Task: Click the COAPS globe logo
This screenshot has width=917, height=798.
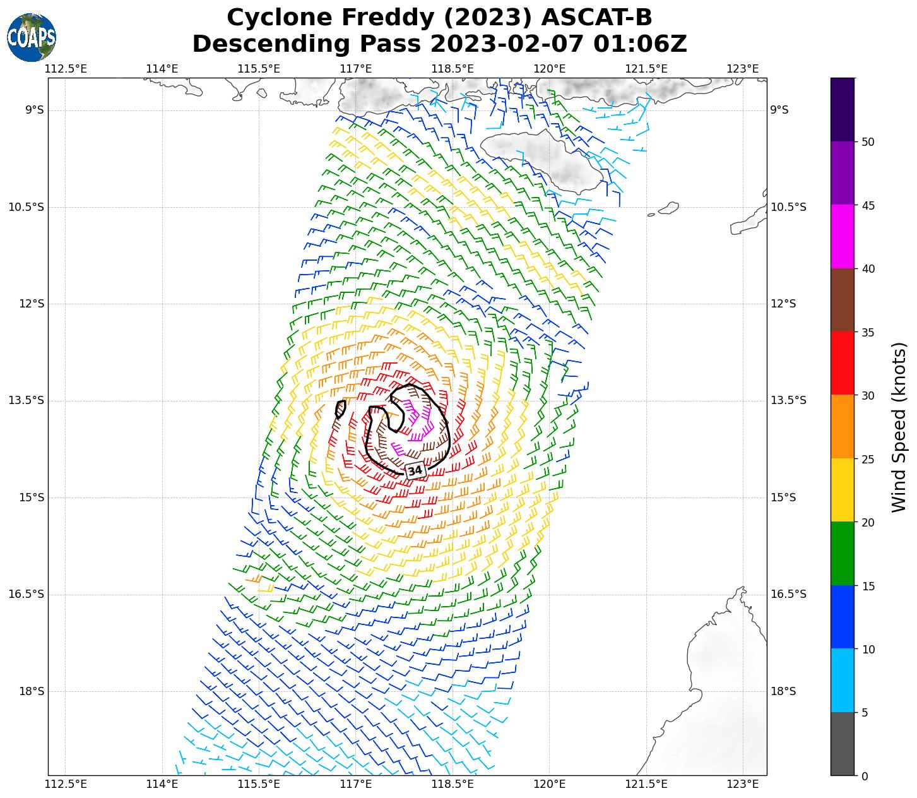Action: pos(32,37)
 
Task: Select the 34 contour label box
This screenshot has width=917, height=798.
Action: pos(415,470)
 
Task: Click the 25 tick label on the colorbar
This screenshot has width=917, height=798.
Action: pos(868,459)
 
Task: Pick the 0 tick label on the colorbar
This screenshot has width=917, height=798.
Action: pos(865,776)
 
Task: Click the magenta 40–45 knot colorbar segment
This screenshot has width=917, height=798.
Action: pos(842,237)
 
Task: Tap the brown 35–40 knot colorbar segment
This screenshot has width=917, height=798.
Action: pos(842,300)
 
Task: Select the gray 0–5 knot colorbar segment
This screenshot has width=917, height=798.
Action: pos(842,744)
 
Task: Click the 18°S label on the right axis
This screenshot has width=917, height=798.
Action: pos(783,691)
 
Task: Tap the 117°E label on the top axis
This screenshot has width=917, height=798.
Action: pos(356,68)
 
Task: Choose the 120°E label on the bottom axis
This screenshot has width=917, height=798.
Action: pos(549,784)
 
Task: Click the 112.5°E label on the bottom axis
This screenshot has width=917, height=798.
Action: pos(66,784)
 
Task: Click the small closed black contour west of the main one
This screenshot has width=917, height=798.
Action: pos(341,408)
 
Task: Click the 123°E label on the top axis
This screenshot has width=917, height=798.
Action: pos(743,68)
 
